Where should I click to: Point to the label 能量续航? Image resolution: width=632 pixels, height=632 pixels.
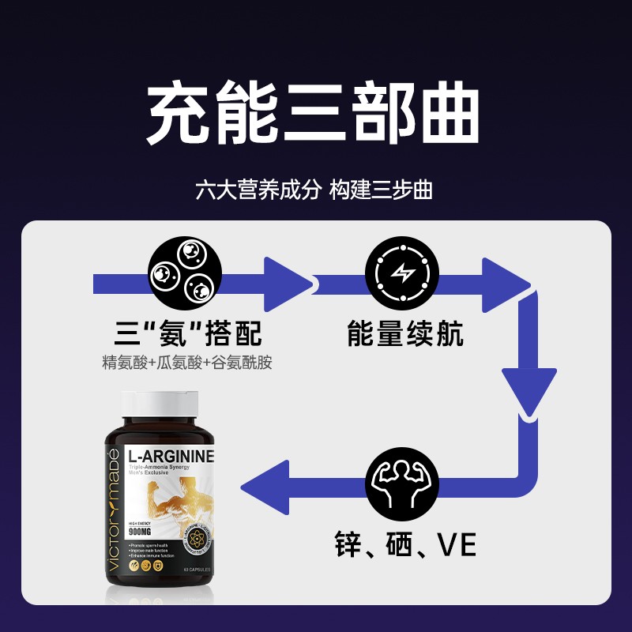coord(405,333)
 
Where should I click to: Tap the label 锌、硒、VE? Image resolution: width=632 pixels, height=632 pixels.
coord(405,545)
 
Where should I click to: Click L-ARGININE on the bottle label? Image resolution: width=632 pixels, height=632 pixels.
coord(171,457)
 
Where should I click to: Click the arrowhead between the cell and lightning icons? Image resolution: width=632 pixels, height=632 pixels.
coord(288,282)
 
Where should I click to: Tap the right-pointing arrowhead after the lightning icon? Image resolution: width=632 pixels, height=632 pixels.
coord(506,282)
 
